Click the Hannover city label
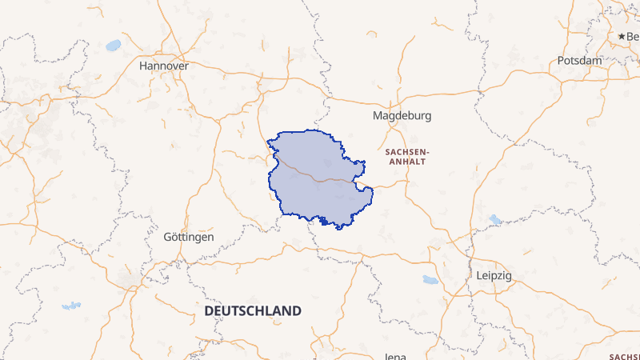[x=163, y=65]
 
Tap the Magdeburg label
[x=402, y=115]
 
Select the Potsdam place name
[x=579, y=61]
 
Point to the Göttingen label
[x=188, y=238]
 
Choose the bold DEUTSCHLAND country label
[x=253, y=310]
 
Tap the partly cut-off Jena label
[x=396, y=356]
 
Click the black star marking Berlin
[x=622, y=37]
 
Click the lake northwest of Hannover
[x=113, y=45]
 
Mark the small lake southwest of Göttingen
[x=71, y=306]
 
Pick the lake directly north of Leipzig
[x=495, y=218]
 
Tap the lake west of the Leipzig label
[x=430, y=280]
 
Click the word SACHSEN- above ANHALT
[x=407, y=150]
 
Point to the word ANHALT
[x=404, y=162]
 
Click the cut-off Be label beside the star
[x=633, y=37]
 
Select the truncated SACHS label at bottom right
[x=624, y=357]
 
